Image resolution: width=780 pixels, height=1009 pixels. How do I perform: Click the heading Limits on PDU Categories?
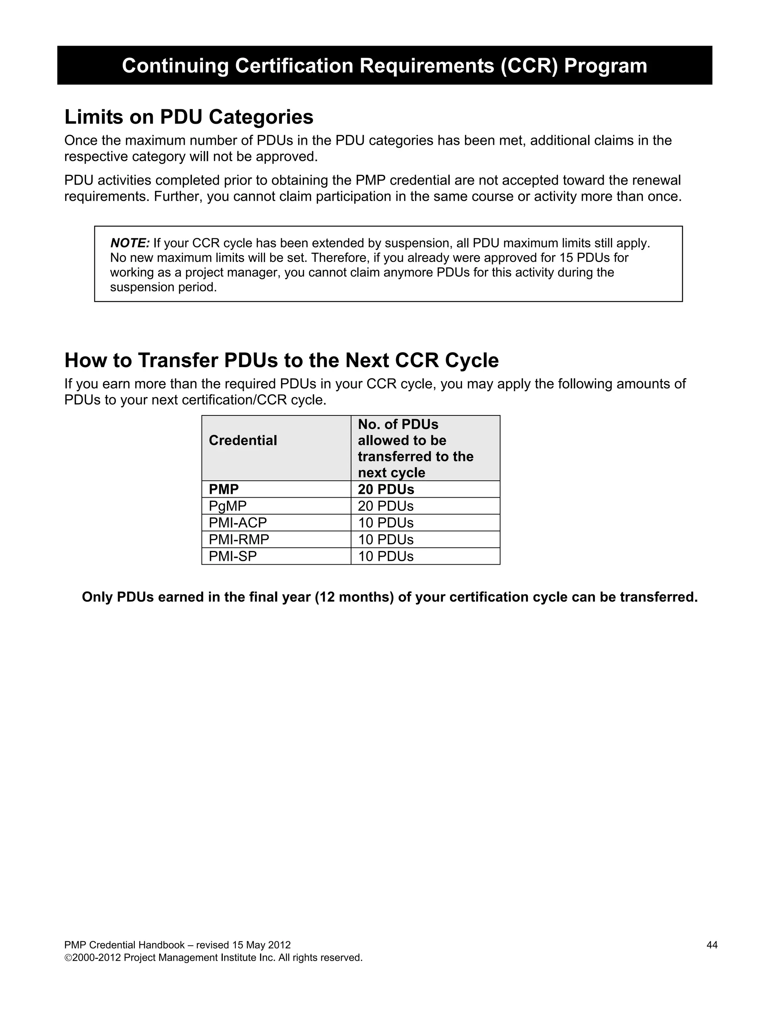click(x=189, y=117)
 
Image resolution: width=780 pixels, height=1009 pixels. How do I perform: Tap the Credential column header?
click(x=243, y=440)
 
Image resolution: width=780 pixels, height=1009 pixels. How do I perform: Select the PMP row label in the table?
click(x=224, y=489)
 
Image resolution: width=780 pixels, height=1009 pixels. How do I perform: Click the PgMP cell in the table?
click(x=227, y=506)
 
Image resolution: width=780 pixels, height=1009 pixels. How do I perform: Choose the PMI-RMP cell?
click(x=238, y=539)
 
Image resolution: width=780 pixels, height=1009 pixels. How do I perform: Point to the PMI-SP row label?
click(x=232, y=556)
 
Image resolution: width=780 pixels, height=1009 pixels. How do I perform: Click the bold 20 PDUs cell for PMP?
click(x=386, y=489)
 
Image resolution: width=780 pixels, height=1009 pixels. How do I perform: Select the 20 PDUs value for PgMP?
click(x=385, y=506)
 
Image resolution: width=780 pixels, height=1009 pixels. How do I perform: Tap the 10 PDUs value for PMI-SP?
click(x=385, y=556)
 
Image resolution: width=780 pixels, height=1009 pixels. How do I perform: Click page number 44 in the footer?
click(x=711, y=945)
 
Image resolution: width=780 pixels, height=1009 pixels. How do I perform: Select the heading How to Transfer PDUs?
click(x=281, y=360)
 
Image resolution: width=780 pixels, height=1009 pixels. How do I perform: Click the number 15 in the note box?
click(x=566, y=258)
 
